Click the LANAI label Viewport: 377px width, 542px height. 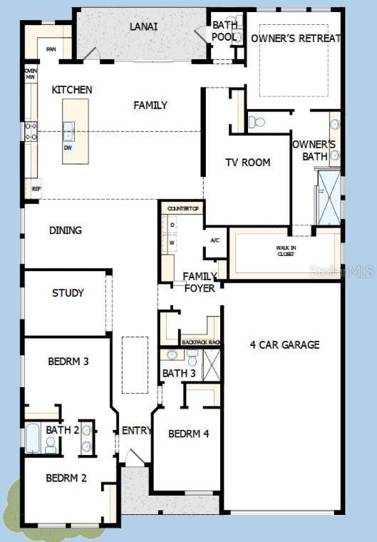[x=143, y=26]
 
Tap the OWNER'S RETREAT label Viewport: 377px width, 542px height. [x=296, y=39]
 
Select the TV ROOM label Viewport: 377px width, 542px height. [x=247, y=162]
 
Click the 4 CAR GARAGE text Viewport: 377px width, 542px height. [x=284, y=344]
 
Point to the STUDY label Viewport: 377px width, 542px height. [x=68, y=292]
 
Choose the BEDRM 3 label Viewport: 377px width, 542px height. [x=68, y=362]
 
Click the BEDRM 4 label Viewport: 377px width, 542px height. [x=188, y=434]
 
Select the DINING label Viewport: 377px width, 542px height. [x=65, y=230]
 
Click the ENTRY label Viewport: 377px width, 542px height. [x=136, y=431]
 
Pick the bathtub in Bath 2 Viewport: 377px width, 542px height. [x=33, y=438]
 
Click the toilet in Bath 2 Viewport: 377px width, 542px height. [x=51, y=444]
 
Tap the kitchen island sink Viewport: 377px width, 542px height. [x=68, y=131]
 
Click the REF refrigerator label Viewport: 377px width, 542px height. [x=36, y=189]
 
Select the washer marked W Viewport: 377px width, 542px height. [x=172, y=241]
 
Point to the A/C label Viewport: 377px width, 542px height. [x=215, y=240]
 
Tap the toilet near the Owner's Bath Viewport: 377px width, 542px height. [x=256, y=123]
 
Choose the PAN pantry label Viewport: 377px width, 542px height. [x=51, y=49]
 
